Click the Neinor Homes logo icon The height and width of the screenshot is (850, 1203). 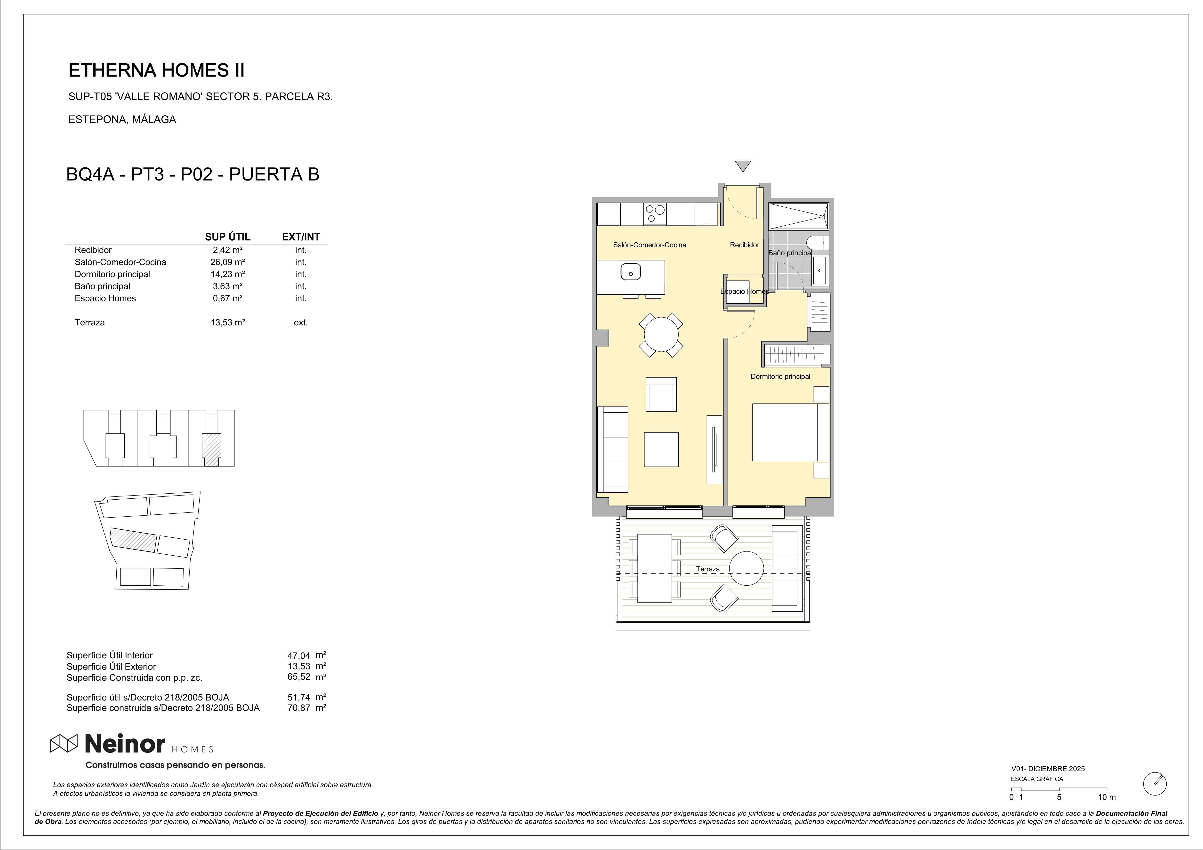click(x=63, y=743)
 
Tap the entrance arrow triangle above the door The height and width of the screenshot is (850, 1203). click(x=743, y=165)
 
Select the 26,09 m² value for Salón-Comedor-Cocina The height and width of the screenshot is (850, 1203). click(x=228, y=262)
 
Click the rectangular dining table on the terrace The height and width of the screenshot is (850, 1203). click(x=654, y=568)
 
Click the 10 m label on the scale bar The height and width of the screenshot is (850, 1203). click(x=1107, y=797)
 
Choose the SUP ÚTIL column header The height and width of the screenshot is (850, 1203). click(x=227, y=237)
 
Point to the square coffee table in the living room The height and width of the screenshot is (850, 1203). click(x=661, y=449)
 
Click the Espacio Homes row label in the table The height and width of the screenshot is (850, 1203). click(x=105, y=298)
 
